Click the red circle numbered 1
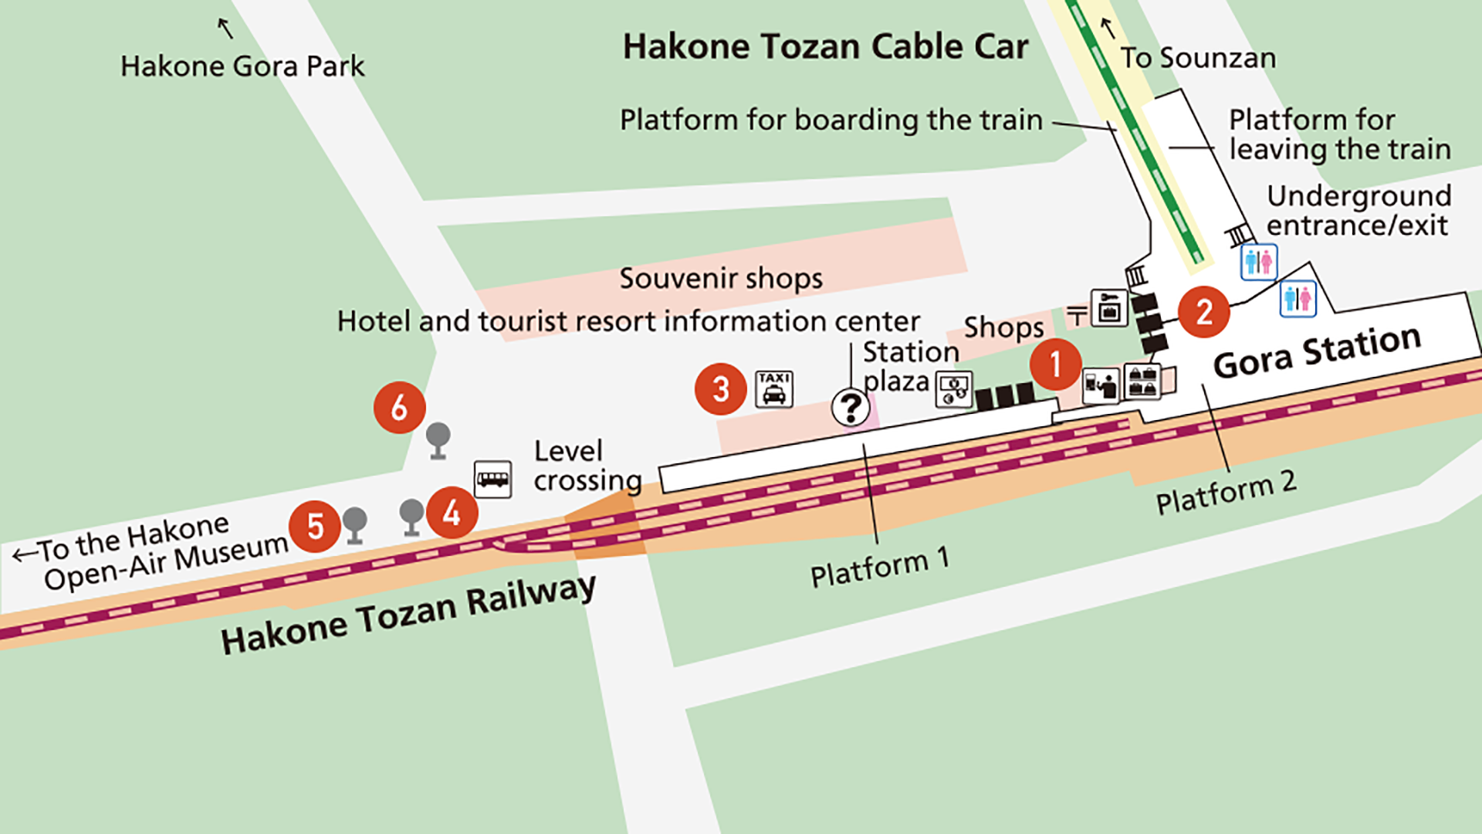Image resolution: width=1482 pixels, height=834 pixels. pyautogui.click(x=1055, y=364)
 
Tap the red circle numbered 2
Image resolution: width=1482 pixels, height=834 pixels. pyautogui.click(x=1203, y=312)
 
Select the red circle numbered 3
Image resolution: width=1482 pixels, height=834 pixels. pyautogui.click(x=720, y=389)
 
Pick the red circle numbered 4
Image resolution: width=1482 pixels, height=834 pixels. pyautogui.click(x=452, y=512)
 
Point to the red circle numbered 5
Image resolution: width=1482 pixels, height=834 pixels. pyautogui.click(x=315, y=527)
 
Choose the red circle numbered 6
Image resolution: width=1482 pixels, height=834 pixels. pyautogui.click(x=399, y=407)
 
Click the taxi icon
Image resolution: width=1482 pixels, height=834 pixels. pyautogui.click(x=773, y=388)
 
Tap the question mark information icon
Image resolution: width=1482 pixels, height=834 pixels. pyautogui.click(x=851, y=406)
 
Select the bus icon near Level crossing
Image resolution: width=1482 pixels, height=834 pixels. pyautogui.click(x=492, y=479)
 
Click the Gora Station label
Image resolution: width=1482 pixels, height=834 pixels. pyautogui.click(x=1317, y=351)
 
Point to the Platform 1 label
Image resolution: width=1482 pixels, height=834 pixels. pyautogui.click(x=879, y=568)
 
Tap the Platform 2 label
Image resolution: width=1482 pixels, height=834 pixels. pyautogui.click(x=1225, y=491)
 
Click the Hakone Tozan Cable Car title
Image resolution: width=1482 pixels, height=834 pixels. pyautogui.click(x=825, y=46)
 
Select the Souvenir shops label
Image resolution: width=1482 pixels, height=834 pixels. pyautogui.click(x=721, y=278)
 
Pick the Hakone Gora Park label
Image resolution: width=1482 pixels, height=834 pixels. pyautogui.click(x=242, y=66)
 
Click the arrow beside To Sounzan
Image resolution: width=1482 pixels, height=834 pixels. pyautogui.click(x=1108, y=29)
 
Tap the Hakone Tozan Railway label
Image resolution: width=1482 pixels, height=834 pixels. pyautogui.click(x=408, y=615)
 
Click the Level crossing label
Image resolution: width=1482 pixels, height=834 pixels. pyautogui.click(x=587, y=466)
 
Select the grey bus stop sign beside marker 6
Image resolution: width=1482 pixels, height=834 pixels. pyautogui.click(x=438, y=440)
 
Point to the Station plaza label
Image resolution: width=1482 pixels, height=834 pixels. pyautogui.click(x=909, y=366)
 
